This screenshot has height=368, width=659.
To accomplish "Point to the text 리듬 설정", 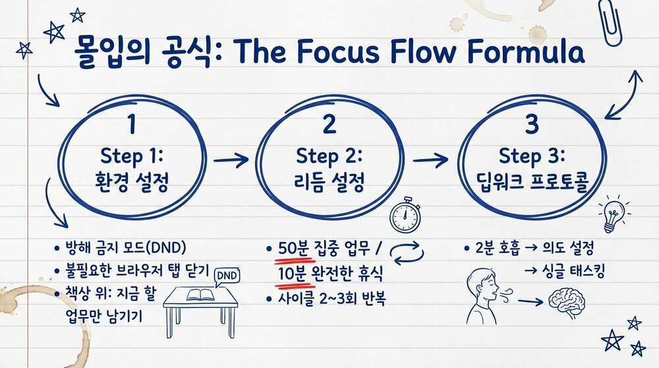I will click(x=330, y=181).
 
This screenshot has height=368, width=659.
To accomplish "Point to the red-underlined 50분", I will click(x=289, y=249).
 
